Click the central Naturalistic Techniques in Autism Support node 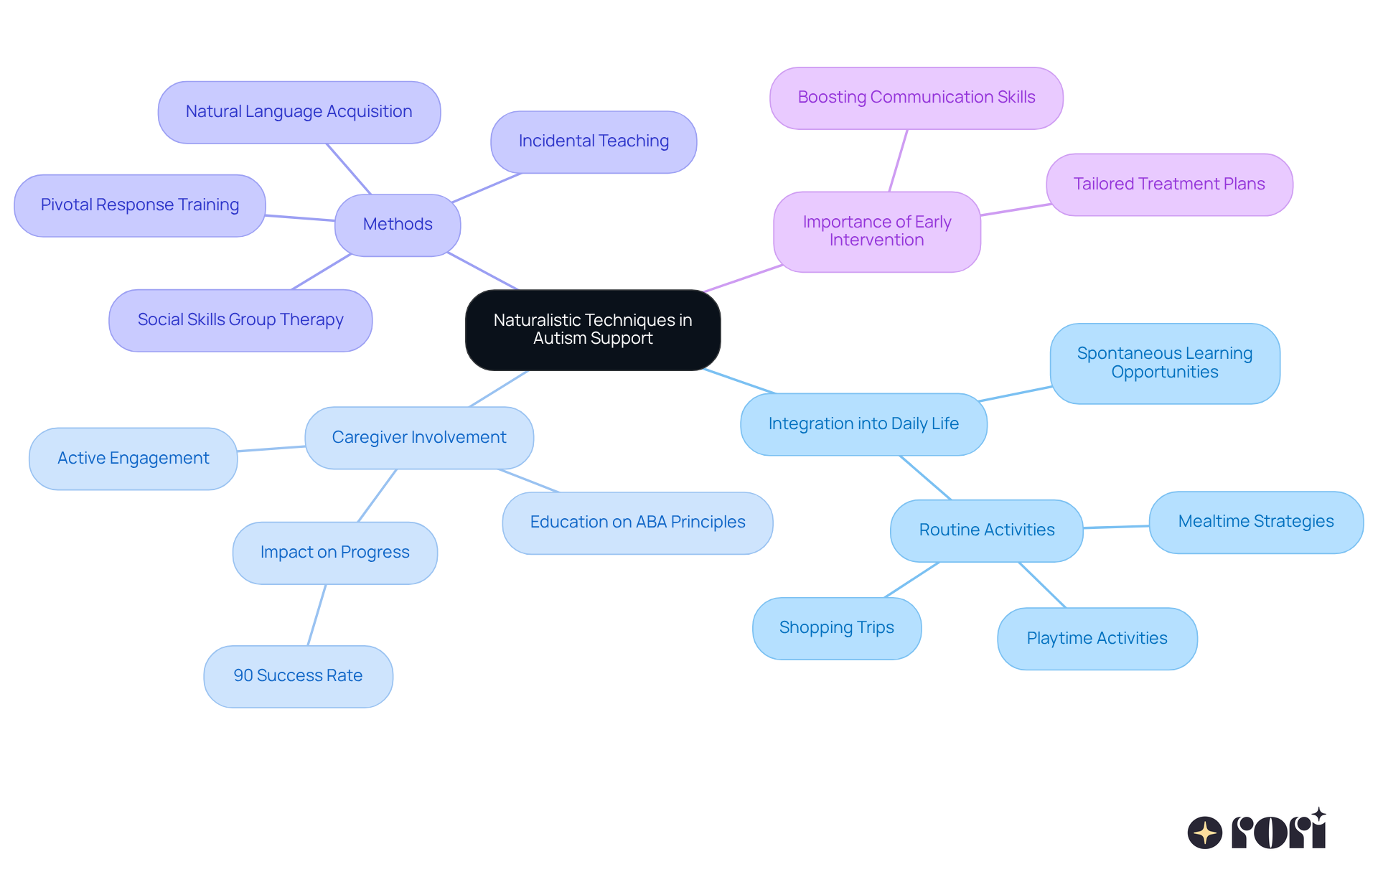pos(593,329)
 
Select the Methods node pos(398,225)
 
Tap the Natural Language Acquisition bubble pos(299,112)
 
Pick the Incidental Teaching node pos(594,141)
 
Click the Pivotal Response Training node pos(140,205)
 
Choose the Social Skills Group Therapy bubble pos(240,320)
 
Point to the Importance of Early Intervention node pos(876,231)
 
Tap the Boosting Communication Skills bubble pos(916,98)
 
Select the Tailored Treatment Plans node pos(1169,184)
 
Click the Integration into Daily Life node pos(863,424)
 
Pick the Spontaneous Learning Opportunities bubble pos(1164,363)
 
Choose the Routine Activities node pos(986,530)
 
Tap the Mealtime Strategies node pos(1255,522)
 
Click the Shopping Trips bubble pos(836,628)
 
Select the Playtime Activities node pos(1097,639)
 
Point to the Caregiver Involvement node pos(419,438)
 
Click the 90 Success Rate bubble pos(298,676)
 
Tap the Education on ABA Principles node pos(637,522)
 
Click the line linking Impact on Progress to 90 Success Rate pos(317,615)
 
